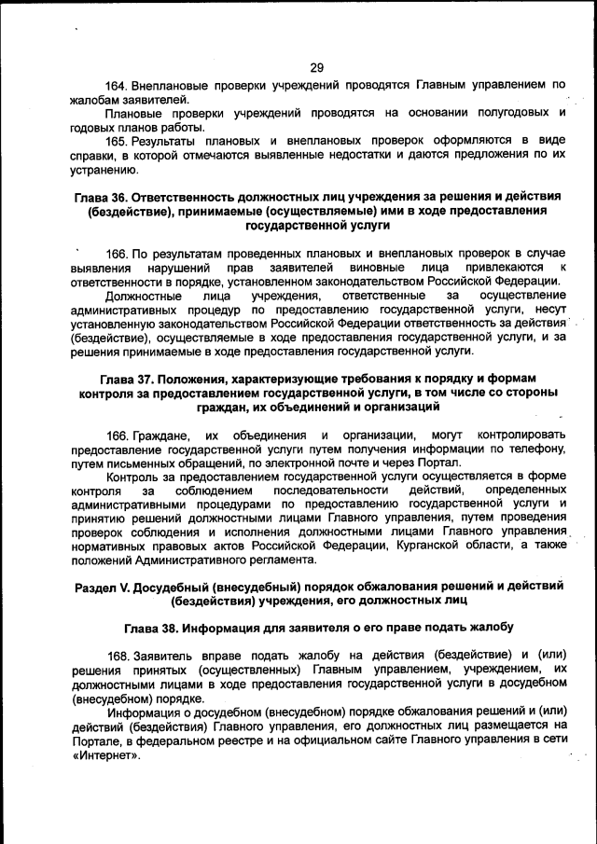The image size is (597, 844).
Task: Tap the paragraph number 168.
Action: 118,656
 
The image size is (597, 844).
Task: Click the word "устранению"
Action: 105,170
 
